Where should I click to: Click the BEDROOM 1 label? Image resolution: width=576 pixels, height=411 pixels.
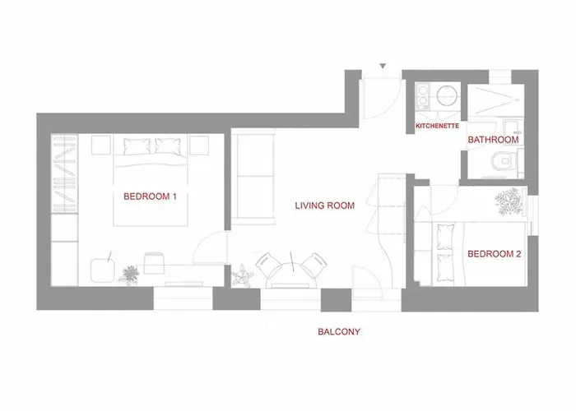(151, 196)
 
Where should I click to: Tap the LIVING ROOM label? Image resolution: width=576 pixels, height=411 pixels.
(325, 206)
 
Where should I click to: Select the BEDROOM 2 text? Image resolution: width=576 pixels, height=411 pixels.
(494, 254)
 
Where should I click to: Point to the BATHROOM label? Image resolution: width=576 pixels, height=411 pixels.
(493, 140)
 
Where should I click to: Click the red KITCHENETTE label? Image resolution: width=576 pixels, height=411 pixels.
(439, 126)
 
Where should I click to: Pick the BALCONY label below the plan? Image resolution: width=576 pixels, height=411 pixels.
(340, 333)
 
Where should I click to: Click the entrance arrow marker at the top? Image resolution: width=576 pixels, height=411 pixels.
(383, 66)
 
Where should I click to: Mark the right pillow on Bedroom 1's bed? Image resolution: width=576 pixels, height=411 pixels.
(167, 146)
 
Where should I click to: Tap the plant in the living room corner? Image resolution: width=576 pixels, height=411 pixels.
(244, 275)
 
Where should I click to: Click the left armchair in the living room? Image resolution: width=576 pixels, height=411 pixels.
(270, 266)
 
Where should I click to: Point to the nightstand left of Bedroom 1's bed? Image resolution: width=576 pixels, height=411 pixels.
(101, 145)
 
